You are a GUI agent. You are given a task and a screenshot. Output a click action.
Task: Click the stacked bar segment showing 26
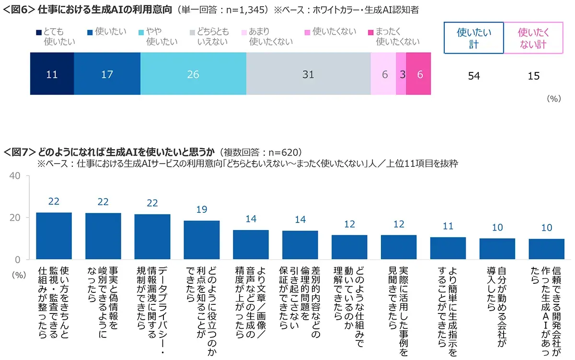[193, 74]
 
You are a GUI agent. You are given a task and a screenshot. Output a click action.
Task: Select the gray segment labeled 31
[308, 74]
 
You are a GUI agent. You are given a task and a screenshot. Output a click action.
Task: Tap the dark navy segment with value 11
[52, 74]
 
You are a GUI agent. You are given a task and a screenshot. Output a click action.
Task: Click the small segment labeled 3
[401, 74]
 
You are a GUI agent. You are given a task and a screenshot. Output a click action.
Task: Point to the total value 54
[473, 76]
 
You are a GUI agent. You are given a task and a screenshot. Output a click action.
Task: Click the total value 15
[533, 76]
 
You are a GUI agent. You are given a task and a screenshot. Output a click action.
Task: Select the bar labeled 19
[202, 240]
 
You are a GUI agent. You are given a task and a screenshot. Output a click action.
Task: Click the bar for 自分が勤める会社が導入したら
[497, 248]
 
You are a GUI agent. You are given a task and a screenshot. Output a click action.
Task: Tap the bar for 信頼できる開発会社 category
[546, 249]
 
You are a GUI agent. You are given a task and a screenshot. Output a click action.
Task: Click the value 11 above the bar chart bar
[448, 226]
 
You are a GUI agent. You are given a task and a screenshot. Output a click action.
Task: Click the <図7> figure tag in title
[20, 152]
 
